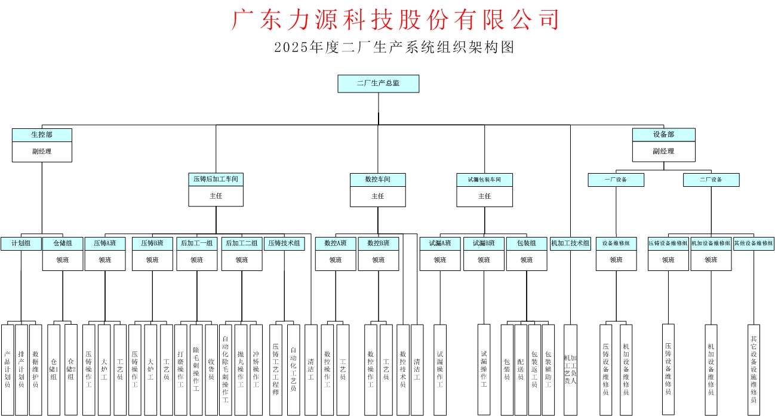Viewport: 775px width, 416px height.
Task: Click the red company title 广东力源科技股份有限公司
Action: coord(395,20)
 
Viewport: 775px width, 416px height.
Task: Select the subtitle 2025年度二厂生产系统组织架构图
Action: coord(394,48)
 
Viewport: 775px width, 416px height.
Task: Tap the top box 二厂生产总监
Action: coord(378,84)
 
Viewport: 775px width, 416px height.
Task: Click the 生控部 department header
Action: coord(42,135)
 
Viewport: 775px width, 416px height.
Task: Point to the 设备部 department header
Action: coord(663,135)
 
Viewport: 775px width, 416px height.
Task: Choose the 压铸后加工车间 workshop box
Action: coord(216,179)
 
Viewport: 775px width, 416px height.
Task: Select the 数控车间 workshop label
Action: coord(377,179)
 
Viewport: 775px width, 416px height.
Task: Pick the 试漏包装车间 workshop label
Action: coord(484,179)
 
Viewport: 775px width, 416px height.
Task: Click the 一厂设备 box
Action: coord(616,180)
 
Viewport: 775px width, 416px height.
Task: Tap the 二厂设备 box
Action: coord(711,180)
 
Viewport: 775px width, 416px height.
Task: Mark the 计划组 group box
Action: coord(21,244)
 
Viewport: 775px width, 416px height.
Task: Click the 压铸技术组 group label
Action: coord(285,244)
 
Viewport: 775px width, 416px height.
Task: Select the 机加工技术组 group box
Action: coord(570,244)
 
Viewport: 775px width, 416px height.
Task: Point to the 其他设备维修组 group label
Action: coord(754,244)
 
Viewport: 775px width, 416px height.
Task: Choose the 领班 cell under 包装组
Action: coord(526,260)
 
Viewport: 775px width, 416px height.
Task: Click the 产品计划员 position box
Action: coord(7,369)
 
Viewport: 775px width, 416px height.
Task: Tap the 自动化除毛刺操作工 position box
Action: coord(225,369)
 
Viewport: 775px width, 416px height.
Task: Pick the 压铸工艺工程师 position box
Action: coord(275,369)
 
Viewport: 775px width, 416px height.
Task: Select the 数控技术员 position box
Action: coord(402,369)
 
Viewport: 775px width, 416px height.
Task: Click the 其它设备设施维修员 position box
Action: coord(754,369)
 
